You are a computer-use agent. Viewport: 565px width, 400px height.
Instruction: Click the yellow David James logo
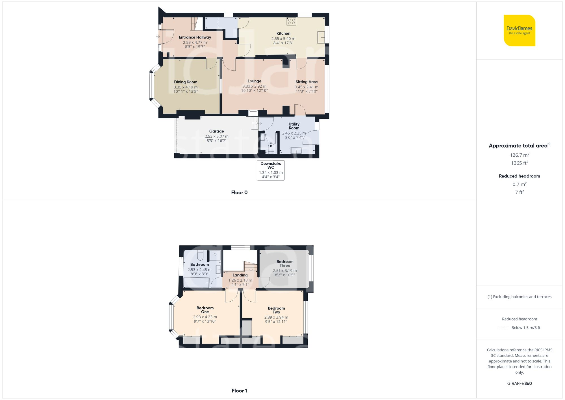coord(519,31)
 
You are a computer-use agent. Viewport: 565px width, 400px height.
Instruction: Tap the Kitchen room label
coord(283,33)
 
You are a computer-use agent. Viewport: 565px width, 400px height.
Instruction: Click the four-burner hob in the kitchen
coord(291,21)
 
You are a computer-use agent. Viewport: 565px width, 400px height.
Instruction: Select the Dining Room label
coord(186,82)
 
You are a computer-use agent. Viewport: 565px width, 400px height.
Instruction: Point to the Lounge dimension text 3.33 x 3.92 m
coord(254,87)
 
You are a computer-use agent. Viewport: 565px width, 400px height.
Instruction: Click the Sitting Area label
coord(307,82)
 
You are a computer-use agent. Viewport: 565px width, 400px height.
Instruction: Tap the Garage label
coord(216,131)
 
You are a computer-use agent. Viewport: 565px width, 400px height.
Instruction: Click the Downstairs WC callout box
coord(271,170)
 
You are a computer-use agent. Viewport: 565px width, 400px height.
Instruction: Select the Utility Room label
coord(294,126)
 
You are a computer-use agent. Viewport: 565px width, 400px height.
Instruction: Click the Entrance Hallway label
coord(195,37)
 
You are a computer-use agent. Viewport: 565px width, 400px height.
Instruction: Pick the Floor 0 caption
coord(239,193)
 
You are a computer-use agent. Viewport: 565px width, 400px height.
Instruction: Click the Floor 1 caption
coord(239,391)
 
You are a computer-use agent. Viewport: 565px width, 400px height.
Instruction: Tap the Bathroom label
coord(199,265)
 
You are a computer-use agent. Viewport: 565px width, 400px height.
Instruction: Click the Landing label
coord(240,275)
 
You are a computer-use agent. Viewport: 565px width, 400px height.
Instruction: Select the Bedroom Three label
coord(285,263)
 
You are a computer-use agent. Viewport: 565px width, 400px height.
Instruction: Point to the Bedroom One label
coord(205,310)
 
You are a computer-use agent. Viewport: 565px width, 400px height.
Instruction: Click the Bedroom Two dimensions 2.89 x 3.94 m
coord(276,317)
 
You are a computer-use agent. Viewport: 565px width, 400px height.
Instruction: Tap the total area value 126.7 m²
coord(519,155)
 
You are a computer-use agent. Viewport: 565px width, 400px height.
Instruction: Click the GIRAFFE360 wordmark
coord(519,383)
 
